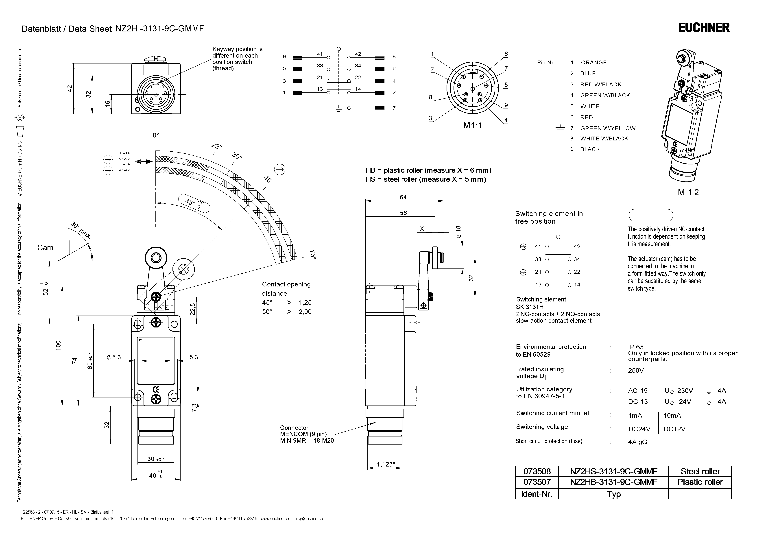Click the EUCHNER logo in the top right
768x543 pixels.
click(704, 27)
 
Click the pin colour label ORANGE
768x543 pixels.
click(594, 63)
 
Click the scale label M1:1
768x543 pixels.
click(473, 126)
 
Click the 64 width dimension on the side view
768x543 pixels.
click(403, 197)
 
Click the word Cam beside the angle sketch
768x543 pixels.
click(45, 248)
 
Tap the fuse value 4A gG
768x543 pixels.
click(637, 442)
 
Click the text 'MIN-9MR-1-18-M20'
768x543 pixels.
click(307, 441)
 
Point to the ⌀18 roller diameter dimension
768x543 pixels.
click(458, 231)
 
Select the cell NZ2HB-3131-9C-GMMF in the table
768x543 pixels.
click(613, 482)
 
